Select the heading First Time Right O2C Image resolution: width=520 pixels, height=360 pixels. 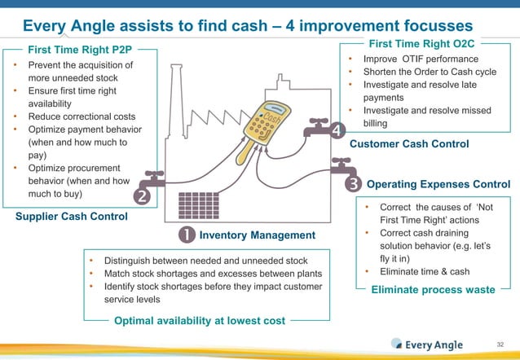(422, 42)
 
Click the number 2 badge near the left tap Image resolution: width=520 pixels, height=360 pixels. (141, 196)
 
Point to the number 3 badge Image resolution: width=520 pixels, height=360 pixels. (353, 184)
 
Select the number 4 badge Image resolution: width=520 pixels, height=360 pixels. (337, 130)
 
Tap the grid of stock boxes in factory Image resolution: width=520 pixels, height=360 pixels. (196, 204)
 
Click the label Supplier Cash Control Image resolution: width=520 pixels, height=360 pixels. (72, 217)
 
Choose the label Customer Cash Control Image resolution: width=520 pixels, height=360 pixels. (408, 144)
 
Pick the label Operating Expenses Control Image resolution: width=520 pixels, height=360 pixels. (438, 184)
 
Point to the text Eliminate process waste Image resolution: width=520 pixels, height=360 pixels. (433, 289)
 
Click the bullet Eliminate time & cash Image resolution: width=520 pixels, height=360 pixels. (423, 271)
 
